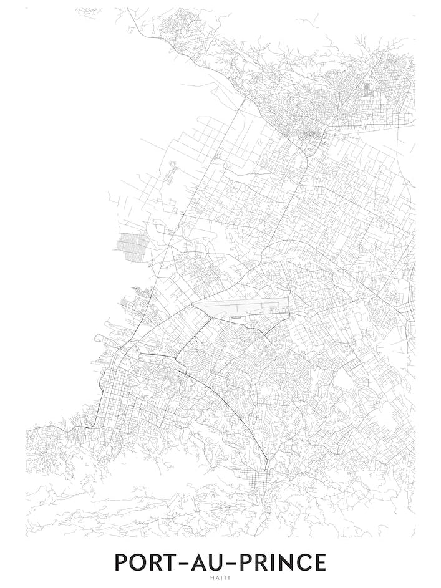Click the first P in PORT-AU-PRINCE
click(x=122, y=562)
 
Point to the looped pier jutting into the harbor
click(x=104, y=339)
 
